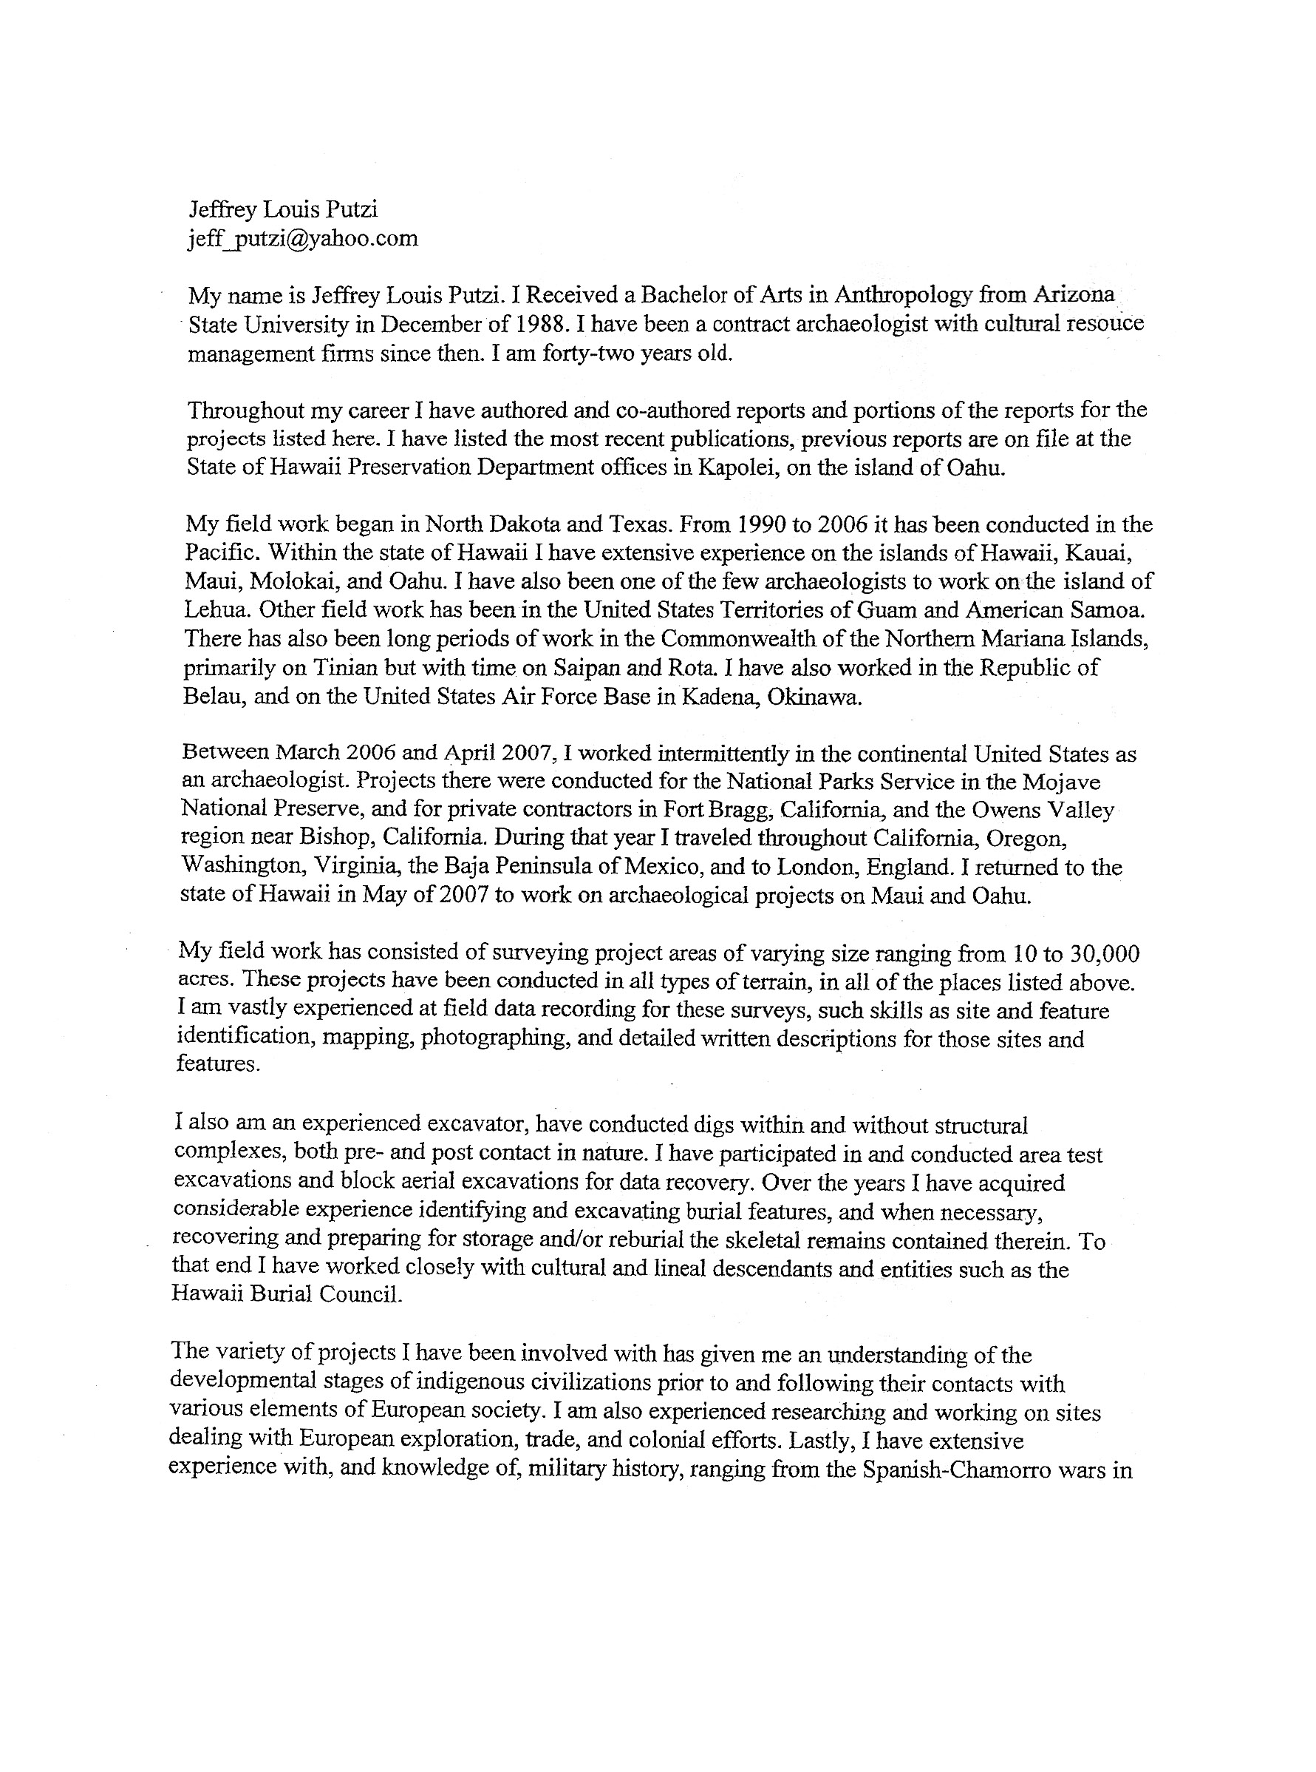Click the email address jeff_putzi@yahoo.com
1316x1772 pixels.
(303, 238)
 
